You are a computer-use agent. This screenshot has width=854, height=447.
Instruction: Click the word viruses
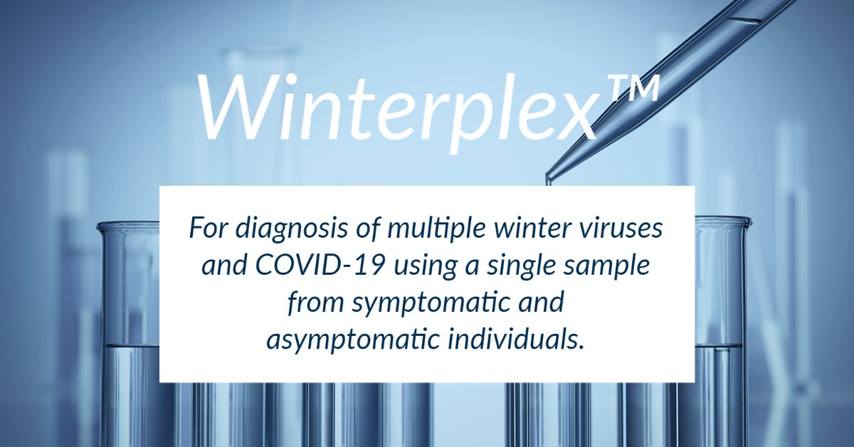pos(624,229)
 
